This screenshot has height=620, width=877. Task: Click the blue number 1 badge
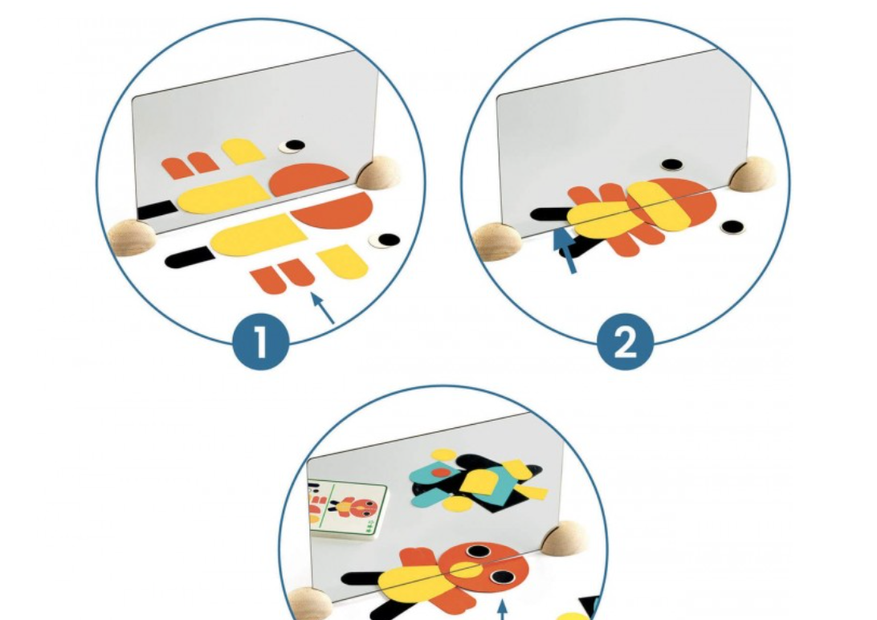click(x=261, y=341)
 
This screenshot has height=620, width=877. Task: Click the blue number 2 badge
click(x=626, y=341)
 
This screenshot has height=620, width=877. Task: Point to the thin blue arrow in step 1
click(x=323, y=308)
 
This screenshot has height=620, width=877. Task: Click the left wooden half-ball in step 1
click(x=132, y=237)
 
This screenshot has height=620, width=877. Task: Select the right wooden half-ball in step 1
click(x=378, y=173)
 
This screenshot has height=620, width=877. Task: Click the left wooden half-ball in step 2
click(x=496, y=242)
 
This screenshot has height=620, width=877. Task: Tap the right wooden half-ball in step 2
click(x=753, y=173)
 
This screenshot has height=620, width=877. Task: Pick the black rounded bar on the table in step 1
click(x=190, y=257)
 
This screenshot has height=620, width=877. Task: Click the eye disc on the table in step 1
click(x=385, y=240)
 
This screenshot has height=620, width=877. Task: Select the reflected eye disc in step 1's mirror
click(x=292, y=146)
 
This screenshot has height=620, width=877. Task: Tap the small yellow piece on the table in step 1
click(x=342, y=261)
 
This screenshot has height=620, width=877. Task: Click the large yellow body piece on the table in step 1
click(x=259, y=235)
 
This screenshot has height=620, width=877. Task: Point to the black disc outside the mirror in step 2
click(x=732, y=227)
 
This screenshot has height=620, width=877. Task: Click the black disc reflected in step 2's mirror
click(x=671, y=165)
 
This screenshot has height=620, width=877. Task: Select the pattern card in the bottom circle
click(x=347, y=509)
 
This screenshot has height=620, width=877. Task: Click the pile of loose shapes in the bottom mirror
click(x=479, y=481)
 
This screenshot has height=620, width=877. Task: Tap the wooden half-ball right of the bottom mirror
click(x=565, y=538)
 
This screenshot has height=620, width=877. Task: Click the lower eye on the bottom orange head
click(x=502, y=577)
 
